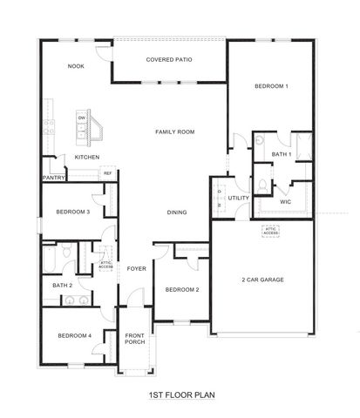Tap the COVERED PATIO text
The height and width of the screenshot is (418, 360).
[x=169, y=59]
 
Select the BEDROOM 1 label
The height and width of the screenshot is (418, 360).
[x=271, y=86]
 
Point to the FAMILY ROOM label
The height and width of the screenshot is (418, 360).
[x=174, y=131]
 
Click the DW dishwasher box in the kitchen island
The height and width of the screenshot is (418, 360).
[x=81, y=117]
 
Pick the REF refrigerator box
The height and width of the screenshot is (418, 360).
[x=108, y=173]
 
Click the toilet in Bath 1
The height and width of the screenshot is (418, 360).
[x=263, y=185]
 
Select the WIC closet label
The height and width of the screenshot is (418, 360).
[x=285, y=201]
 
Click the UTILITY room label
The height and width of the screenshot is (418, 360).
[x=238, y=198]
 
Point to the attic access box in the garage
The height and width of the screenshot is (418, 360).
[x=271, y=232]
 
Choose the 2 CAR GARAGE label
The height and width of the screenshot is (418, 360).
[x=261, y=280]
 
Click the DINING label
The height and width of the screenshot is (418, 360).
[x=177, y=212]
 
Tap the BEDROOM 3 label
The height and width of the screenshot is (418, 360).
[x=73, y=212]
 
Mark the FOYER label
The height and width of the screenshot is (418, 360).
[x=136, y=268]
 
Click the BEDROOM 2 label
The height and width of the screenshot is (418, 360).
[x=183, y=289]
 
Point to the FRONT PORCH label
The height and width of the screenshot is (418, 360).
[x=134, y=339]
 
